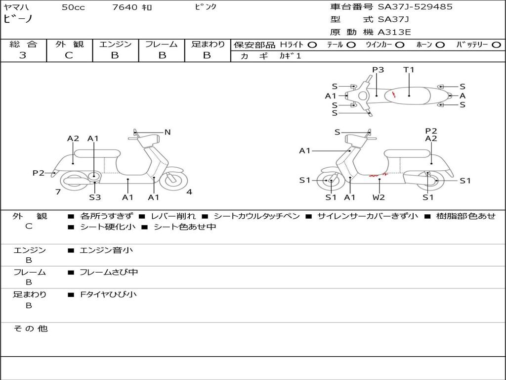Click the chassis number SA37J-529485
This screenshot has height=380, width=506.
[x=415, y=7]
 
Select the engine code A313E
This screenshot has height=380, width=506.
[x=394, y=32]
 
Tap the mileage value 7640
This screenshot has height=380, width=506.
[x=125, y=7]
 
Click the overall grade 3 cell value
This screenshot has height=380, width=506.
[x=23, y=55]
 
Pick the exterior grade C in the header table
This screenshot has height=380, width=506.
[x=69, y=55]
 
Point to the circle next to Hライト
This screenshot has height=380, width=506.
[x=312, y=45]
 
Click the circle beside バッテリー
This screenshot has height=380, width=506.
[x=497, y=45]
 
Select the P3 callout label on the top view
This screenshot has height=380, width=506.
[x=378, y=70]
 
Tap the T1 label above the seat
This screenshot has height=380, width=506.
[x=409, y=70]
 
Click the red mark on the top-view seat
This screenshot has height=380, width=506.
[x=394, y=95]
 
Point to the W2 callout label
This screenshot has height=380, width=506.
[x=379, y=197]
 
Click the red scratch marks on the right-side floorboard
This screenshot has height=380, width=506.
[x=378, y=176]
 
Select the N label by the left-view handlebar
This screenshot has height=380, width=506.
[x=168, y=132]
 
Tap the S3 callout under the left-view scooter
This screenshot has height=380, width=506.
[x=95, y=197]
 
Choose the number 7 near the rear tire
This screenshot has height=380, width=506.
[x=58, y=192]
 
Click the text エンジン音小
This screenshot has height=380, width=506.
[x=106, y=250]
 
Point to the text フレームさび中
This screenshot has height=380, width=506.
[x=109, y=272]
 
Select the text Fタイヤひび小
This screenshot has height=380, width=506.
[x=108, y=294]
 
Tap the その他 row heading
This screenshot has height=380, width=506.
[x=30, y=329]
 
